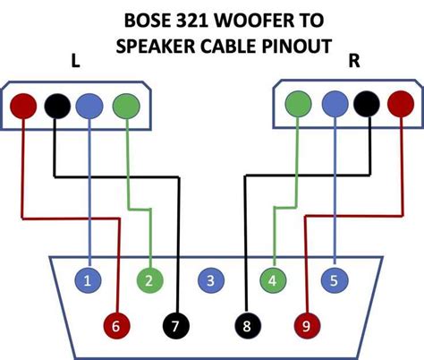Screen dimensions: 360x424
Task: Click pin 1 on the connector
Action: (x=88, y=281)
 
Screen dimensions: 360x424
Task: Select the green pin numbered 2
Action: (x=149, y=281)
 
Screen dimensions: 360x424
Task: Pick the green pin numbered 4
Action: (x=272, y=281)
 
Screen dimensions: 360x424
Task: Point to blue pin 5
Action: (x=333, y=281)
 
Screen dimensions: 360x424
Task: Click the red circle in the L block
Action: (x=24, y=106)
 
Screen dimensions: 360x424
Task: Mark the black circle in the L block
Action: (x=56, y=106)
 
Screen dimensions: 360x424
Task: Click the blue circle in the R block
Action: (x=333, y=105)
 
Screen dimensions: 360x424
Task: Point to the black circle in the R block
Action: (x=366, y=105)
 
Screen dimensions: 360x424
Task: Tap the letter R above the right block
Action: (x=354, y=61)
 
